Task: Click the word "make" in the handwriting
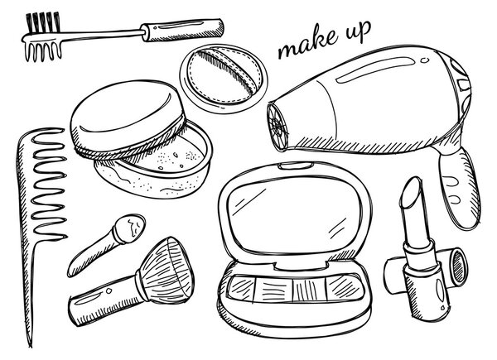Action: coord(306,44)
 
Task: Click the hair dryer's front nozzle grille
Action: coord(277,126)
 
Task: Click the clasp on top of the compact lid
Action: coord(296,166)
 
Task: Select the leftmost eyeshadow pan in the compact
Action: coord(241,287)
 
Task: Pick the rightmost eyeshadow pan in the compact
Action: coord(345,287)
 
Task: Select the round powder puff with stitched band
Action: coord(224,78)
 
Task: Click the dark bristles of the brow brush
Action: coord(42,22)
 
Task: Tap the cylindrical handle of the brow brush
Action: coord(182,30)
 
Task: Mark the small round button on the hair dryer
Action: coord(424,60)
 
